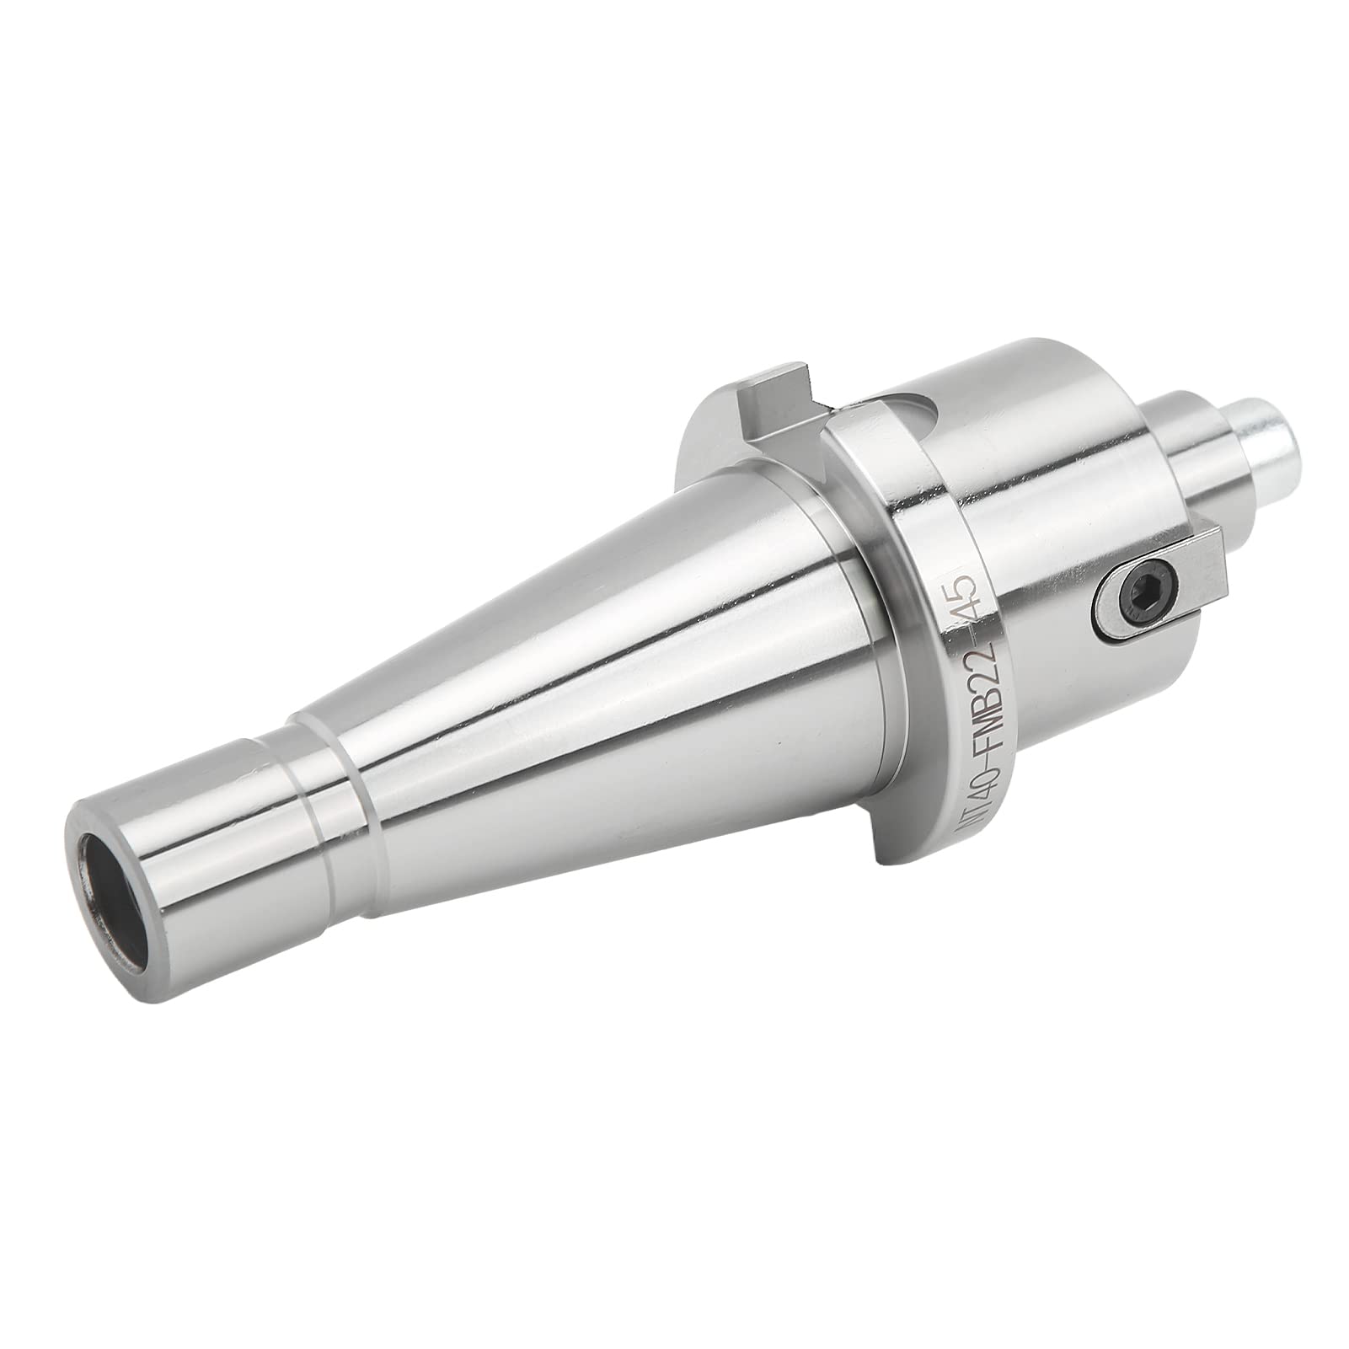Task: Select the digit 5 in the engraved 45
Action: point(966,587)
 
